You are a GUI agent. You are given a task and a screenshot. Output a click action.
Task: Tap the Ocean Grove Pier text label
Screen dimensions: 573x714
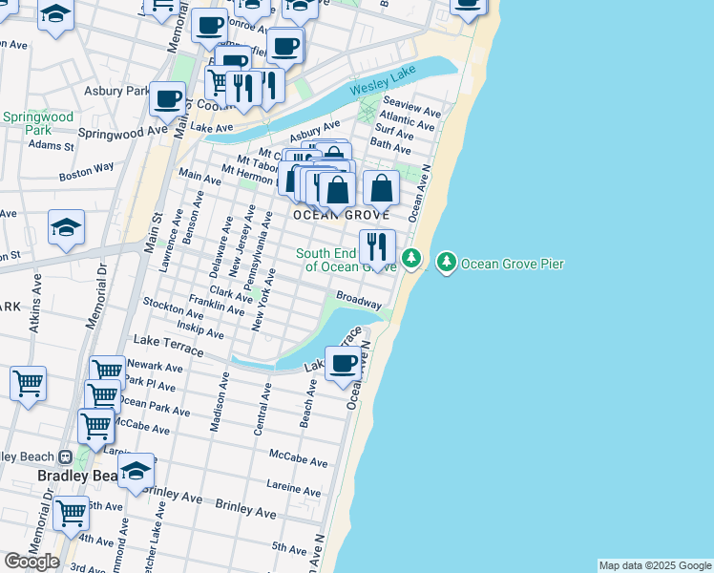[513, 264]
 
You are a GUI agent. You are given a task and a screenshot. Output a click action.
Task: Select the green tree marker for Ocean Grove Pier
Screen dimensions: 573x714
[446, 262]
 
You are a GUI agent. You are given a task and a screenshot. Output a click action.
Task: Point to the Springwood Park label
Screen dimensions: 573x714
[26, 123]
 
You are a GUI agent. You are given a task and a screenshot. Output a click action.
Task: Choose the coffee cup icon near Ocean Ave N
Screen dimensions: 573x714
[343, 363]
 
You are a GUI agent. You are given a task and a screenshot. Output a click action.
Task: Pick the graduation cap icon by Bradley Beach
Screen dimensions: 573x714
[136, 471]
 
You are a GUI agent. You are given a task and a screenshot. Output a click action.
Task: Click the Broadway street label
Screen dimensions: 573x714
[358, 301]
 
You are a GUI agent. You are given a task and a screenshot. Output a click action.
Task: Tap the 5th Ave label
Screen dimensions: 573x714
[289, 547]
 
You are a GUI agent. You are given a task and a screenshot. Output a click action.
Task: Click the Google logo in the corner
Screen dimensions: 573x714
[31, 562]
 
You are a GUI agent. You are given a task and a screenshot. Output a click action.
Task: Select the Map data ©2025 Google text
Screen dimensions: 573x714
[655, 565]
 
